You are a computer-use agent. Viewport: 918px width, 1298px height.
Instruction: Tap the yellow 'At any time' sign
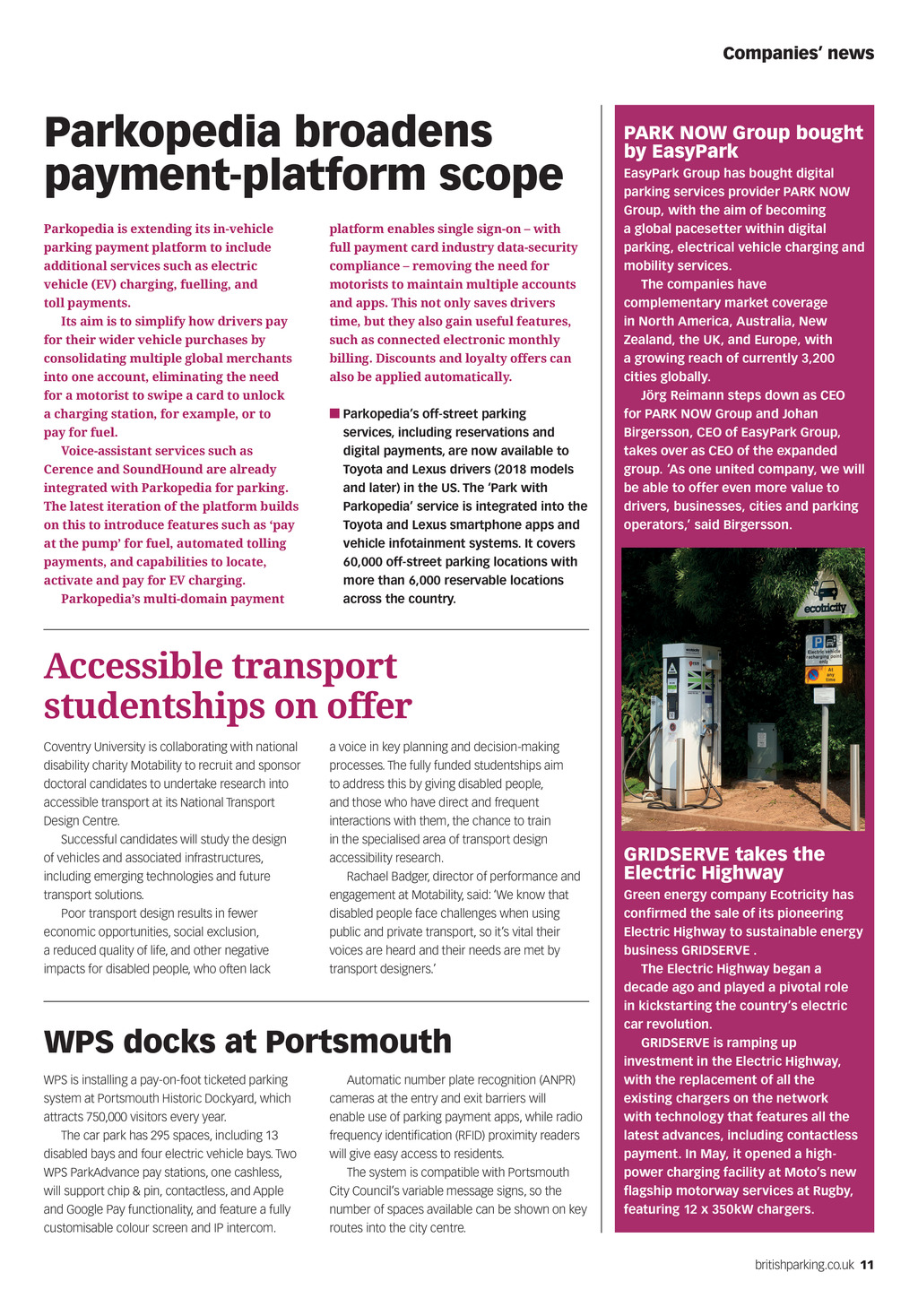pyautogui.click(x=824, y=673)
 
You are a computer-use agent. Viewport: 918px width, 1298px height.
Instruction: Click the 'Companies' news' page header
pyautogui.click(x=798, y=54)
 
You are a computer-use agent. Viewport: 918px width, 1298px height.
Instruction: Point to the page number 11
pyautogui.click(x=867, y=1265)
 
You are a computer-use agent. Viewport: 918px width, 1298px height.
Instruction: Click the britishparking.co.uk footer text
pyautogui.click(x=804, y=1265)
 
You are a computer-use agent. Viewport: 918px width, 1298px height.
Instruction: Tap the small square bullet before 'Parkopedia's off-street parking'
pyautogui.click(x=334, y=413)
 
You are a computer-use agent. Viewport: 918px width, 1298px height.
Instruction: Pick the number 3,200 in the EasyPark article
pyautogui.click(x=814, y=359)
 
